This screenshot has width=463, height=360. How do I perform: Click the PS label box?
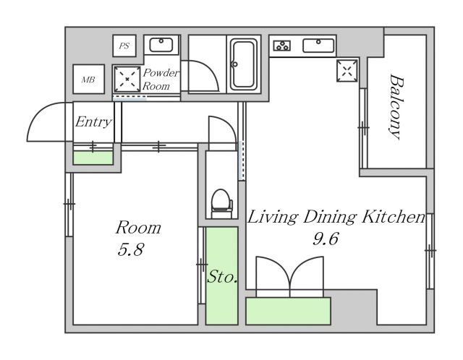[x=124, y=46]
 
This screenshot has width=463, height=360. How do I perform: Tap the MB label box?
[x=88, y=79]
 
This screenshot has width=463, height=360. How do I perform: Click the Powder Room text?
[x=161, y=80]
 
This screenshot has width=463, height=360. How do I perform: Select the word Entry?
[x=93, y=122]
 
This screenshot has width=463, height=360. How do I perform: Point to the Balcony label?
[x=396, y=106]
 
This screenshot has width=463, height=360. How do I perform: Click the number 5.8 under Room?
[x=130, y=250]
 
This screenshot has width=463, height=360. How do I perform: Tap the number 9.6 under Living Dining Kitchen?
[x=325, y=239]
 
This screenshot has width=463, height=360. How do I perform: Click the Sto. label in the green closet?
[x=222, y=277]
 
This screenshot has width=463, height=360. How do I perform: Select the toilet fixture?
[x=222, y=203]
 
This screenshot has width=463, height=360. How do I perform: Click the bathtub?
[x=244, y=64]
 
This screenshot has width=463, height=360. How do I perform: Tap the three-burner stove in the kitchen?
[x=282, y=46]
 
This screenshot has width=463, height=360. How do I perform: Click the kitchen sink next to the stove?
[x=318, y=46]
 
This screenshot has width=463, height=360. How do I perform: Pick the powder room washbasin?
[x=161, y=45]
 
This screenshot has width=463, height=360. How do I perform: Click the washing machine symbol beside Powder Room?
[x=127, y=79]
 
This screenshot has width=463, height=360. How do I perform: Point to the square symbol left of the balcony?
[x=347, y=71]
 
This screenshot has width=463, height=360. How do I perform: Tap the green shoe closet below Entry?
[x=93, y=158]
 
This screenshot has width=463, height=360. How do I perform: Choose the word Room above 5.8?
[x=138, y=228]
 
